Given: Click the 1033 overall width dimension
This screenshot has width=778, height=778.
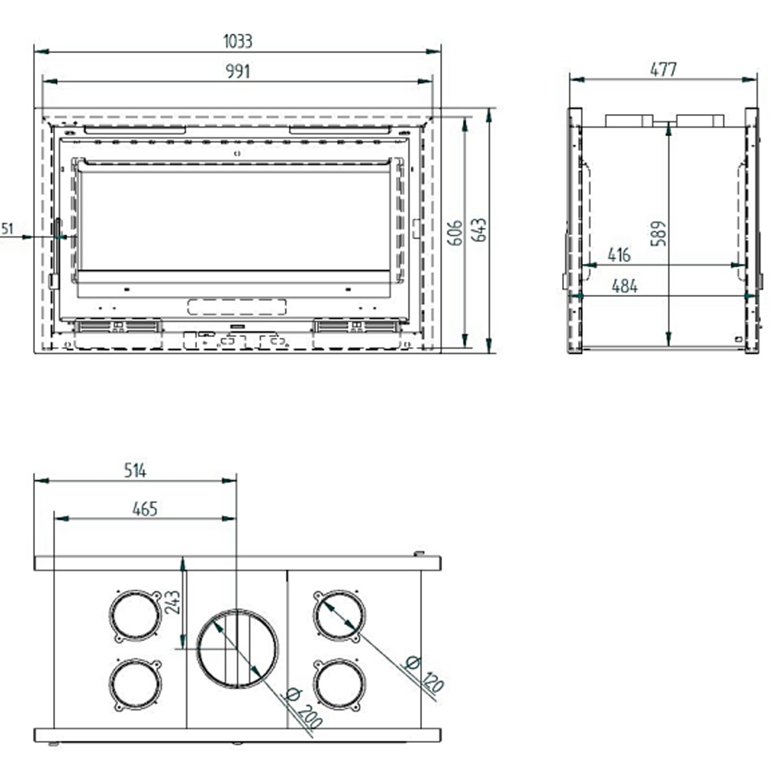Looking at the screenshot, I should (x=238, y=41).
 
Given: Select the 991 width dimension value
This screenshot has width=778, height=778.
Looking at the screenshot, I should (x=238, y=71).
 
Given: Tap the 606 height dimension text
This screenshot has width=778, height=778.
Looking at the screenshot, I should (x=455, y=232).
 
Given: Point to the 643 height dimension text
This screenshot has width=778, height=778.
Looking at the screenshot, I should (x=480, y=230).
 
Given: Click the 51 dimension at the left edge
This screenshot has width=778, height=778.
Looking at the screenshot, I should (x=7, y=229).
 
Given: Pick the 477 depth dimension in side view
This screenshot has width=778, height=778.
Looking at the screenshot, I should (x=663, y=69).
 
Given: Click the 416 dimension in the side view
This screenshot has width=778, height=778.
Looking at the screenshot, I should (x=619, y=255).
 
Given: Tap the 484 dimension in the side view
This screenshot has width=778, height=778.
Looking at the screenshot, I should (x=624, y=286).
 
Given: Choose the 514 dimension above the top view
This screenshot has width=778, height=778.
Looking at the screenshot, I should (x=135, y=471).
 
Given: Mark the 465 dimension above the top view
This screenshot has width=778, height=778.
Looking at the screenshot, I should (x=145, y=509).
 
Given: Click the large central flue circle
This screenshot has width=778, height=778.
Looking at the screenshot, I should (x=237, y=648).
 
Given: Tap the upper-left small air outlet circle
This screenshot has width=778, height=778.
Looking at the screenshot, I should (x=135, y=615).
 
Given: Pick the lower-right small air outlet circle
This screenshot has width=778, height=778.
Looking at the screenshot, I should (x=338, y=684).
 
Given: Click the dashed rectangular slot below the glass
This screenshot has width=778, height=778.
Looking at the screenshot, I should (x=237, y=307).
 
